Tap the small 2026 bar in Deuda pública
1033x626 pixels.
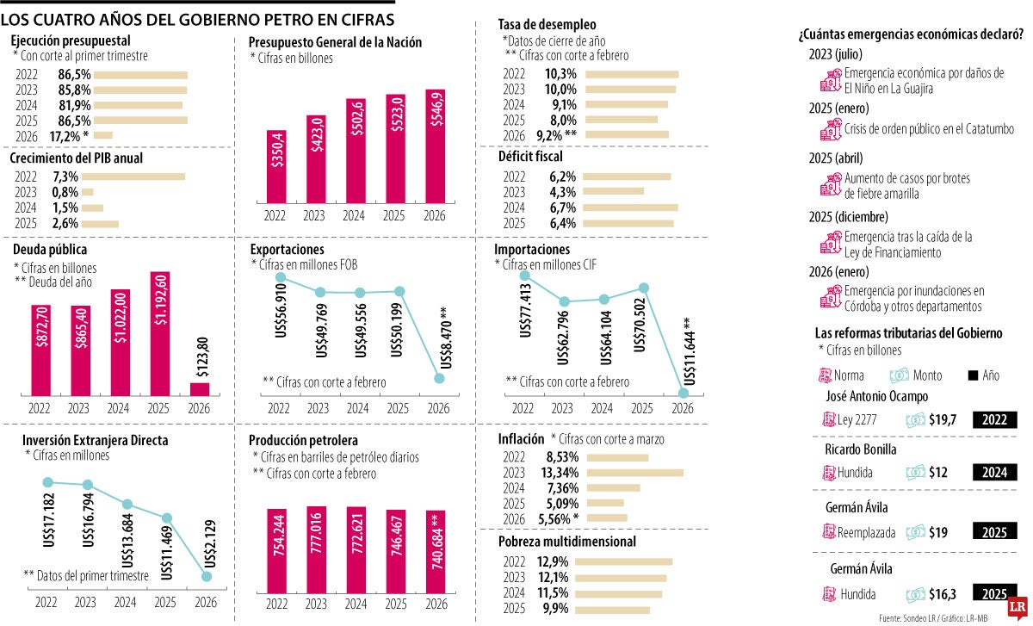click(200, 388)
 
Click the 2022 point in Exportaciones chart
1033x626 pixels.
click(279, 277)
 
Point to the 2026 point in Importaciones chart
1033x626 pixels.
click(684, 393)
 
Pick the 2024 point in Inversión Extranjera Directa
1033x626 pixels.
click(127, 505)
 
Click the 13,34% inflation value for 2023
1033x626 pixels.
click(560, 472)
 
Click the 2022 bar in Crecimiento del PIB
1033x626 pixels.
click(138, 177)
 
